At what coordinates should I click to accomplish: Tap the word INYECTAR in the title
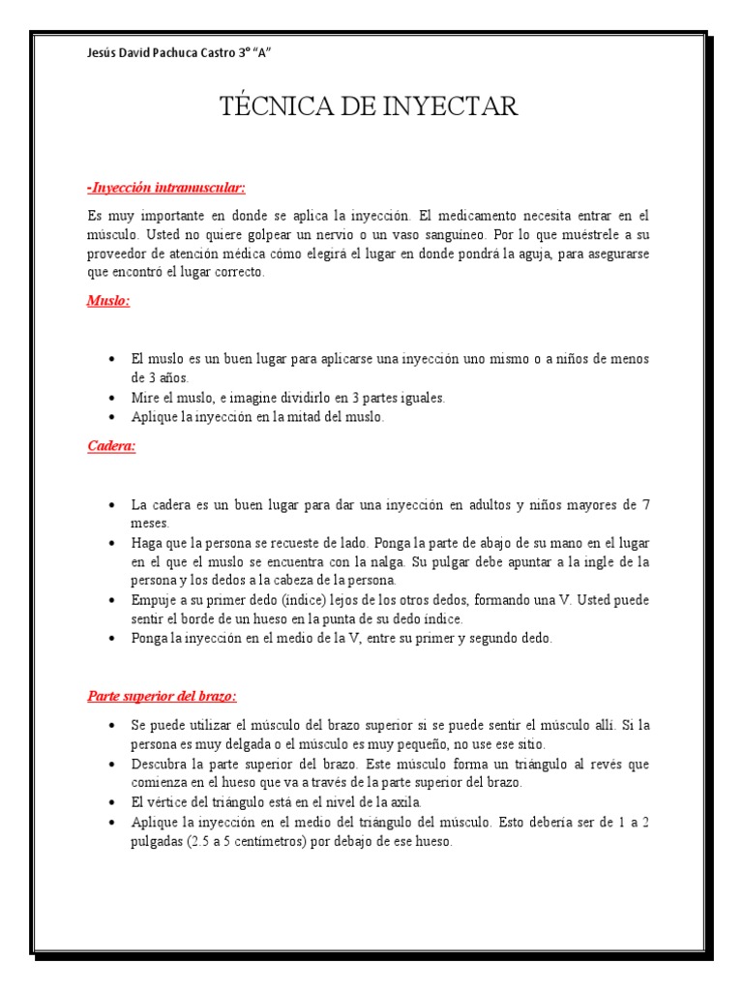coord(444,106)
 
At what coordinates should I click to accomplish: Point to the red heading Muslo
coord(108,301)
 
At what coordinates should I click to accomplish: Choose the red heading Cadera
coord(111,446)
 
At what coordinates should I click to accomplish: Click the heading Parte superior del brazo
coord(162,696)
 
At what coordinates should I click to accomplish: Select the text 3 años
coord(161,377)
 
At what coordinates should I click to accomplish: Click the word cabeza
coord(303,581)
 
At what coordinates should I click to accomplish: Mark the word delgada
coord(247,744)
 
